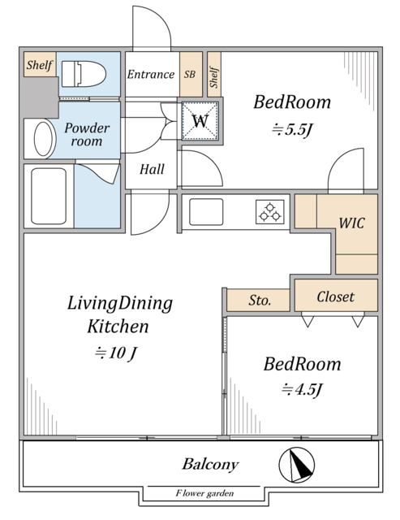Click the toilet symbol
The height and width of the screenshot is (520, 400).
tap(84, 74)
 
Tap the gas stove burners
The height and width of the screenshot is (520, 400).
tap(270, 211)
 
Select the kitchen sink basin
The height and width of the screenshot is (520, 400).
tap(206, 212)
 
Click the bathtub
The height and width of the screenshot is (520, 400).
tap(49, 196)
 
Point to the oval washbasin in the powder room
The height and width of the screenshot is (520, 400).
tap(43, 139)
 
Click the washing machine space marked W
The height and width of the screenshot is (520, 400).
tap(200, 121)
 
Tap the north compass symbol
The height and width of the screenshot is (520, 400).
tap(296, 465)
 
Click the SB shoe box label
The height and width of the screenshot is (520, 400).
tap(190, 74)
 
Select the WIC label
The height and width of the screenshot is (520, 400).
tap(351, 223)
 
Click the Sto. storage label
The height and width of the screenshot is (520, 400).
tap(260, 301)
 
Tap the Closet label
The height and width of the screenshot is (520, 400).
tap(335, 297)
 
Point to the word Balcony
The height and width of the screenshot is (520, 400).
tap(210, 464)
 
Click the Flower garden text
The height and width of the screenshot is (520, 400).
tap(204, 493)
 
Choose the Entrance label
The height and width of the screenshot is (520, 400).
tap(151, 74)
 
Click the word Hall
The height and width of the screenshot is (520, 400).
tap(152, 170)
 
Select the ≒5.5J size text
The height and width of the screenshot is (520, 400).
tap(292, 130)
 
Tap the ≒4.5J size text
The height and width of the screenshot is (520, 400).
tap(302, 389)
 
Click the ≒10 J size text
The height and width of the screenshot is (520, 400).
tap(115, 353)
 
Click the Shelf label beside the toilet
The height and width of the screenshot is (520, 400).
tap(40, 65)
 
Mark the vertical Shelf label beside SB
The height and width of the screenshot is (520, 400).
tap(214, 78)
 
